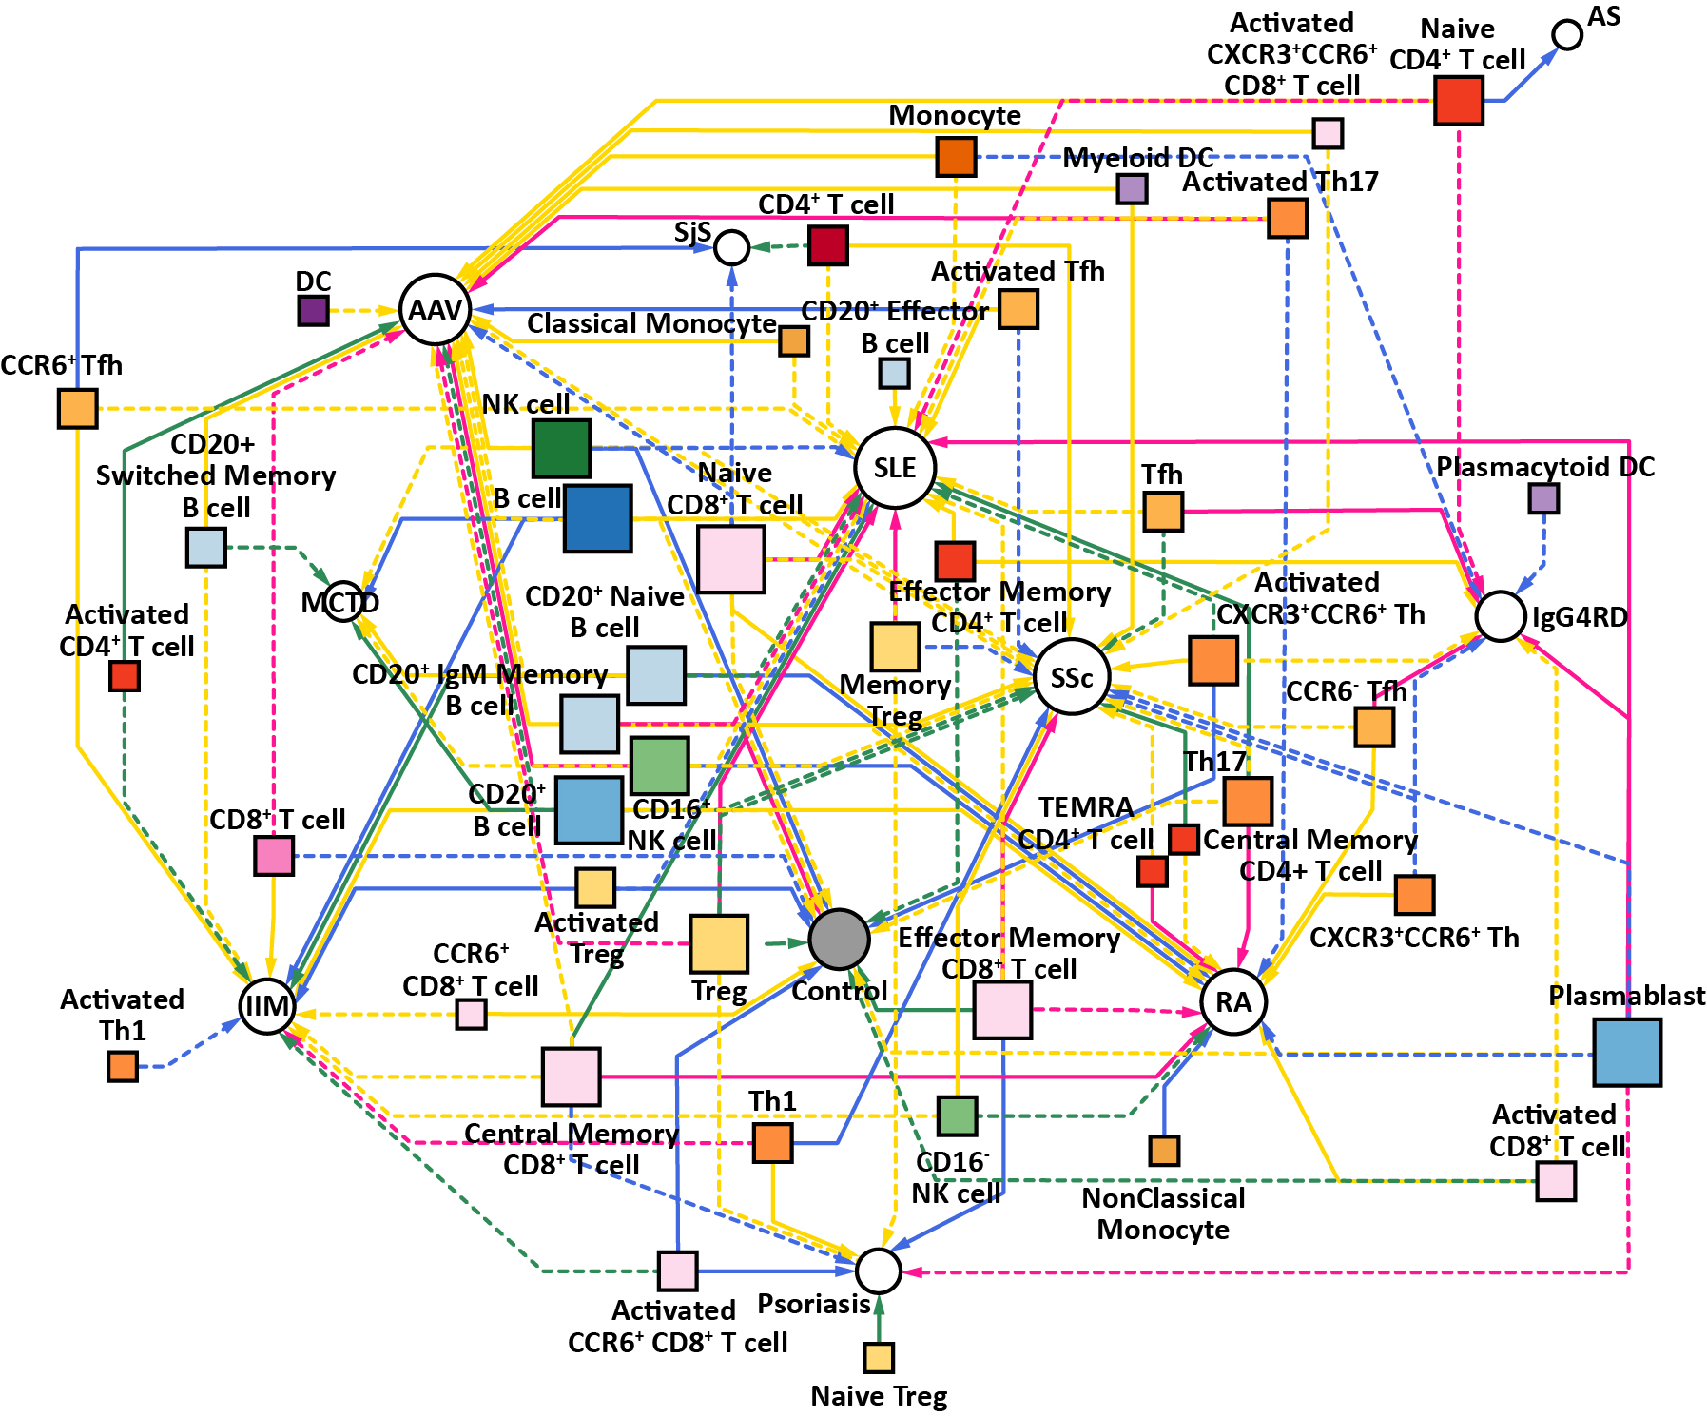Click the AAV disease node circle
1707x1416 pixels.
[436, 310]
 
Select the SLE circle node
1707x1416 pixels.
[895, 468]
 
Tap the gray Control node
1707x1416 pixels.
[839, 939]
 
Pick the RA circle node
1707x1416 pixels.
[1233, 1002]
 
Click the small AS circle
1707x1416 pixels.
[1567, 35]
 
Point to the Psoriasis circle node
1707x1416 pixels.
[878, 1270]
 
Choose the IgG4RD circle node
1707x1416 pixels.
[1501, 616]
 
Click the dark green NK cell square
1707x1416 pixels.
[561, 448]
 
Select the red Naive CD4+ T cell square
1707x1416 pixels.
[1459, 100]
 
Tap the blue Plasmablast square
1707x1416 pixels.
[1627, 1053]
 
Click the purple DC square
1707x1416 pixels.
[313, 310]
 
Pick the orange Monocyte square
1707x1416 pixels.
[956, 157]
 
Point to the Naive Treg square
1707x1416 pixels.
[879, 1357]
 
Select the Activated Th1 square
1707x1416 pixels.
[123, 1066]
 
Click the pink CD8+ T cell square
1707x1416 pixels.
[274, 856]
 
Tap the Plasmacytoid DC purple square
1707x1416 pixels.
[1543, 498]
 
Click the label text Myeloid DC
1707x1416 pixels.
[1137, 158]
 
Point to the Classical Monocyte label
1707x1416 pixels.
[651, 324]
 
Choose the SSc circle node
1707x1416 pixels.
[1072, 677]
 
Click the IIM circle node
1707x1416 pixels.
[266, 1006]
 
